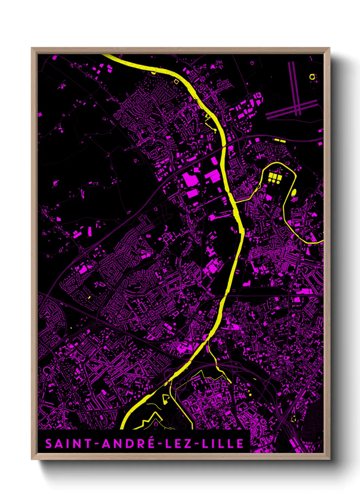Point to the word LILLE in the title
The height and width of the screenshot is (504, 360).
(x=223, y=444)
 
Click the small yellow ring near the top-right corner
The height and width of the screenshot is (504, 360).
(x=312, y=77)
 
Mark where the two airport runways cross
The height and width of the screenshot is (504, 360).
(x=297, y=108)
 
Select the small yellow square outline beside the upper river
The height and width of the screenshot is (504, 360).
(x=176, y=81)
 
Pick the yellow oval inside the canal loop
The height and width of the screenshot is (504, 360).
(x=294, y=193)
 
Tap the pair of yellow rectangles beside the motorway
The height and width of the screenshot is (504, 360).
(x=280, y=140)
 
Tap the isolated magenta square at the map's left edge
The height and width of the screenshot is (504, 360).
(x=40, y=115)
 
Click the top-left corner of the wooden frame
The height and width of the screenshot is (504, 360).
(x=32, y=48)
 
